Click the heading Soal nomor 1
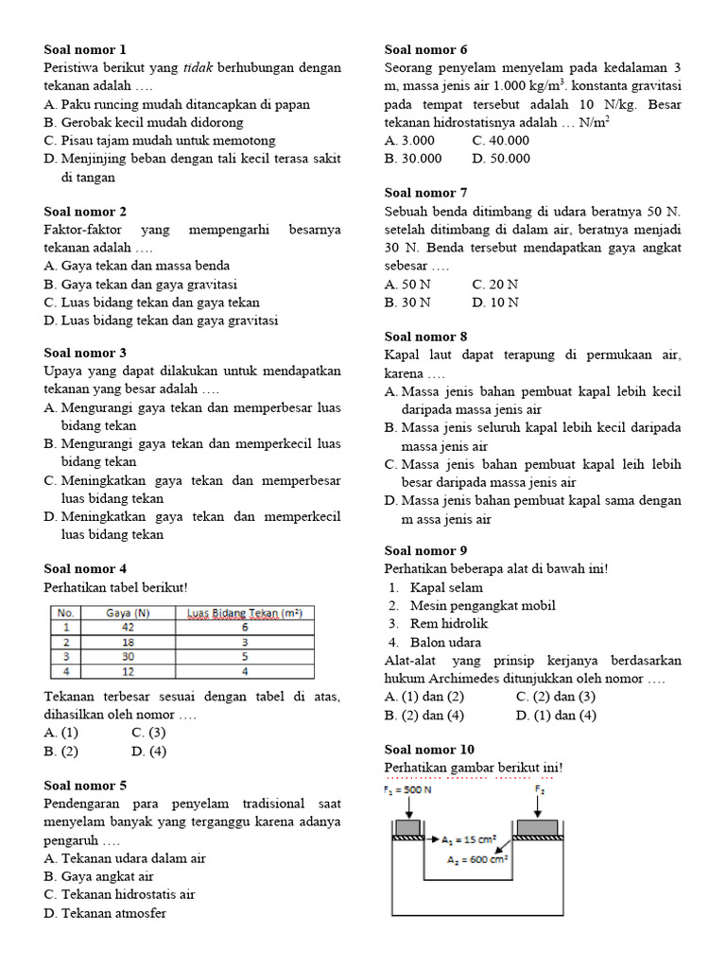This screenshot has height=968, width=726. point(85,49)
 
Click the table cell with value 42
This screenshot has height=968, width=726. point(129,626)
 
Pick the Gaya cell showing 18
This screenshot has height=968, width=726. point(129,641)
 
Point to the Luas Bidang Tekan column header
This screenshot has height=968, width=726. point(244,613)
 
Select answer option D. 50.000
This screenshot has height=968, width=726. point(501,159)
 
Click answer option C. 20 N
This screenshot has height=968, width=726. point(494,285)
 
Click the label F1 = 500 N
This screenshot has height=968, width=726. point(407,790)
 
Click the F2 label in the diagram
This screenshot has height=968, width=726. point(539,789)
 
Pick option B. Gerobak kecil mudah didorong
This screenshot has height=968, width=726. point(143,123)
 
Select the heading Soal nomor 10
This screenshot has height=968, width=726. point(430,750)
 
